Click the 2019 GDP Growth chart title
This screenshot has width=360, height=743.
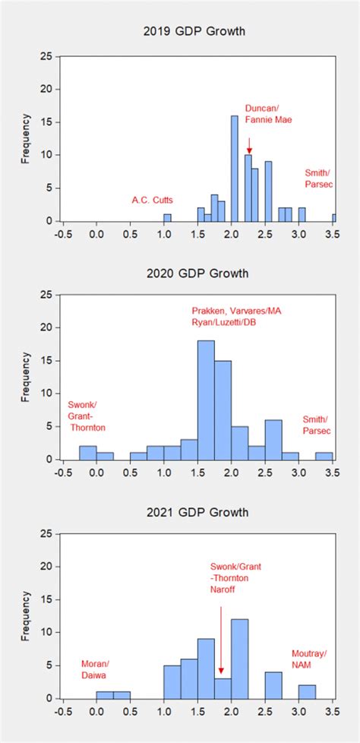(197, 32)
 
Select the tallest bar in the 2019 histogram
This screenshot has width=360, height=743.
(234, 169)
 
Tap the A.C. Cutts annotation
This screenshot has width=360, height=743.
(152, 201)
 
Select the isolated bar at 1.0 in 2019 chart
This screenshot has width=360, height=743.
(167, 217)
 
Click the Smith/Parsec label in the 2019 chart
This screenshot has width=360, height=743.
(318, 179)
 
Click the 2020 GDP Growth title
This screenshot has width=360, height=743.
(197, 273)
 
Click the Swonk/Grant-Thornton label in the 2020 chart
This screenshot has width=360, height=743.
(87, 416)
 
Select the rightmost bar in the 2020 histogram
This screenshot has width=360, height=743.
(324, 456)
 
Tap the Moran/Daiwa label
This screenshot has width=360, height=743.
(95, 669)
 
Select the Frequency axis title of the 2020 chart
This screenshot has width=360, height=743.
(25, 375)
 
